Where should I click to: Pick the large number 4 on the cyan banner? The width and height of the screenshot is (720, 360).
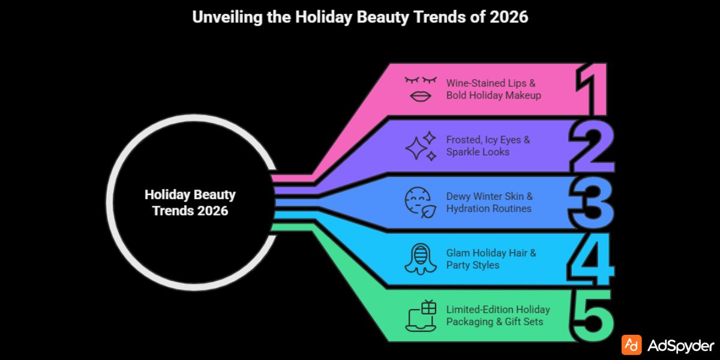coord(591,260)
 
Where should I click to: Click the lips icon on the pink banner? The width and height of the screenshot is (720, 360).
coord(419,97)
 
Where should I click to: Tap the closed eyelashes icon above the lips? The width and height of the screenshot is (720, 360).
coord(419,80)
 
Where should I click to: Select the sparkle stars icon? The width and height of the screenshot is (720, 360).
coord(420,146)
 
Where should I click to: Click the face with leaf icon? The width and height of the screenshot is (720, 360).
coord(419,203)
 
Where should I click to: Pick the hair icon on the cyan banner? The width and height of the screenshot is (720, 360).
coord(419,259)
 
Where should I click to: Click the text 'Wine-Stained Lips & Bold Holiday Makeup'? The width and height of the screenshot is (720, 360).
coord(494,88)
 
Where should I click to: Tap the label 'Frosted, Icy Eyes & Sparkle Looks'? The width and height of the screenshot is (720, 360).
coord(488,146)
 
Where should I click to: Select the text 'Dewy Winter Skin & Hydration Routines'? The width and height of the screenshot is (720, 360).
coord(489,202)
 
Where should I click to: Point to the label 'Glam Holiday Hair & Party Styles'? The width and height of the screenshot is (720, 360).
coord(491,259)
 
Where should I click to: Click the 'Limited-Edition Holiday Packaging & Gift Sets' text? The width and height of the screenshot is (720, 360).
coord(497,316)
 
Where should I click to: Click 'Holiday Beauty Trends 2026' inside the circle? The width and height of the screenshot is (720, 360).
coord(190,203)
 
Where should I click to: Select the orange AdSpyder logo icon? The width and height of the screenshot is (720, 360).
coord(631,344)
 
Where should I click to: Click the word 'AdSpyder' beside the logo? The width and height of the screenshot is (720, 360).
coord(681,345)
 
